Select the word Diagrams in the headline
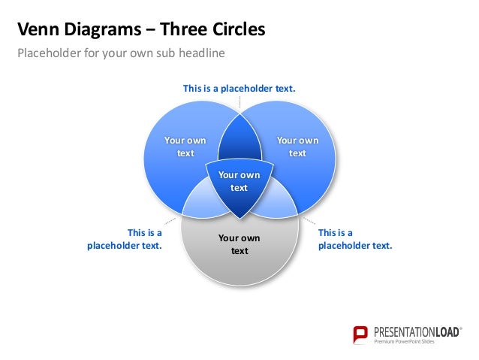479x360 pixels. click(96, 30)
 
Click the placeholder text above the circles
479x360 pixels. click(239, 89)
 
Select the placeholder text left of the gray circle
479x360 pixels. click(125, 239)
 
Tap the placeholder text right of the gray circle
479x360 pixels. click(354, 239)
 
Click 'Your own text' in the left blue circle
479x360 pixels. click(185, 147)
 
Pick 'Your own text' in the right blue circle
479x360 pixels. click(297, 147)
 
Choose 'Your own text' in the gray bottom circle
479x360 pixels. click(239, 244)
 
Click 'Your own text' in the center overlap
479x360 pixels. click(239, 181)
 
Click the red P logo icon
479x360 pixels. click(361, 334)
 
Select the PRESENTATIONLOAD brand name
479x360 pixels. click(417, 331)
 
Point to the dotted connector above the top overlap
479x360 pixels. click(239, 104)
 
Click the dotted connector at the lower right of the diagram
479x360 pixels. click(308, 222)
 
